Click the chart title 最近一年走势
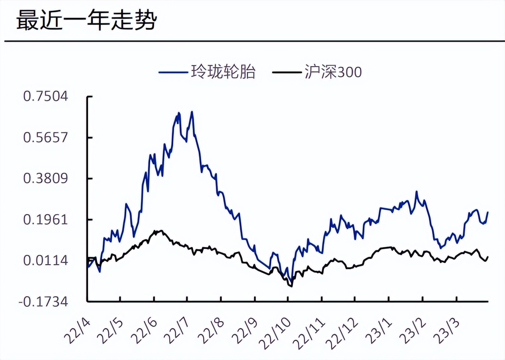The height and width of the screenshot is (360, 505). point(85,21)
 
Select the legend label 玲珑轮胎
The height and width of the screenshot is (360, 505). point(223,72)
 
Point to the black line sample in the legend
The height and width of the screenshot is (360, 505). point(286,72)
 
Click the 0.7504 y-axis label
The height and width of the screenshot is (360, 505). point(45,96)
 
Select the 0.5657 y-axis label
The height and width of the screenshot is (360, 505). point(45,137)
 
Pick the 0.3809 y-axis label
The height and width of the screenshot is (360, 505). point(45,178)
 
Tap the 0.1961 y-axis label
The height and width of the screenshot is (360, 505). point(45,219)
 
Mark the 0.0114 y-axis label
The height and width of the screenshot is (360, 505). point(45,260)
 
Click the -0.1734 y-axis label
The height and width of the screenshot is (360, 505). point(43,302)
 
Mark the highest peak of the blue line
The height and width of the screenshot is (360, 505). point(192,112)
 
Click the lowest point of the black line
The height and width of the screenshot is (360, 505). point(292,286)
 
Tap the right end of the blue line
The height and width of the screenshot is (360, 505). point(488,212)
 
